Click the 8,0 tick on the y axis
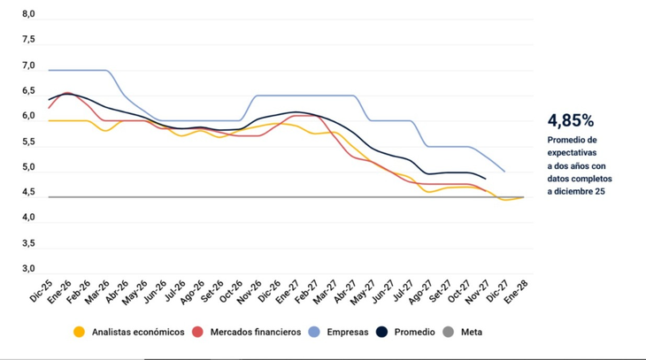pyautogui.click(x=28, y=15)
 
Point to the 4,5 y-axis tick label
pyautogui.click(x=28, y=192)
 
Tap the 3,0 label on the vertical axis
pyautogui.click(x=28, y=268)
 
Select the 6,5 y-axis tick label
pyautogui.click(x=28, y=91)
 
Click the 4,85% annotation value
pyautogui.click(x=571, y=120)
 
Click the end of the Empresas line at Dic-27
pyautogui.click(x=504, y=172)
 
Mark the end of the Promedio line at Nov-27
pyautogui.click(x=486, y=179)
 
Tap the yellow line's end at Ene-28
pyautogui.click(x=524, y=197)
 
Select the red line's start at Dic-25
pyautogui.click(x=50, y=108)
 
